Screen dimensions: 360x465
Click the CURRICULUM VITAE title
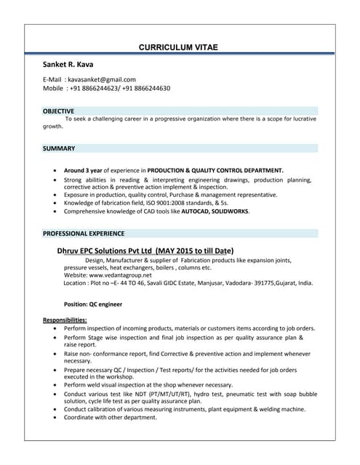(x=178, y=47)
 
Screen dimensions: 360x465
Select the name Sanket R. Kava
(x=68, y=65)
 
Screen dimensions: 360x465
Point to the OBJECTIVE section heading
(x=58, y=111)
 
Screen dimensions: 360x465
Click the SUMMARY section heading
(x=58, y=148)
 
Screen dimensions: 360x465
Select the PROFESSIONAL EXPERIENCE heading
(x=84, y=234)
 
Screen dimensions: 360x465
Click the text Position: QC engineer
(x=93, y=304)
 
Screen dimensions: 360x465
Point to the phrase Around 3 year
(x=84, y=170)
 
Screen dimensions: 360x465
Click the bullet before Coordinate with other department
(x=57, y=417)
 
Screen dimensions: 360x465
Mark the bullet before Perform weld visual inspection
(x=57, y=385)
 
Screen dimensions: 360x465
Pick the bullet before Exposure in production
(x=57, y=195)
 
